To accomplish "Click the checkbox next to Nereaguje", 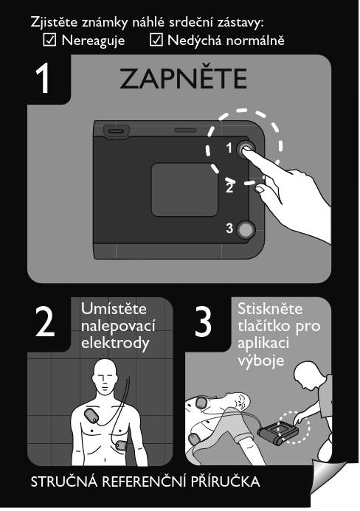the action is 49,40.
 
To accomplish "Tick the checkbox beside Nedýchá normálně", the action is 156,40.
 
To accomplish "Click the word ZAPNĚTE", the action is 183,78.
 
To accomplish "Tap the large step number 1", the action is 43,78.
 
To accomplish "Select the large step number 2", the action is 45,322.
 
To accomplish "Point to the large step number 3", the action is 203,322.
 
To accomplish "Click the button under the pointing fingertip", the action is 245,150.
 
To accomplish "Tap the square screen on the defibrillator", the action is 184,190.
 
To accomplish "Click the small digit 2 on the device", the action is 229,187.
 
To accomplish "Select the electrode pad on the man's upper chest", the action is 93,416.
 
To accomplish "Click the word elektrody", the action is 115,344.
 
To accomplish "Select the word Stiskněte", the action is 270,309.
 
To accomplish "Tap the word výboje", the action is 261,361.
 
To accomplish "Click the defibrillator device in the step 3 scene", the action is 278,433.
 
